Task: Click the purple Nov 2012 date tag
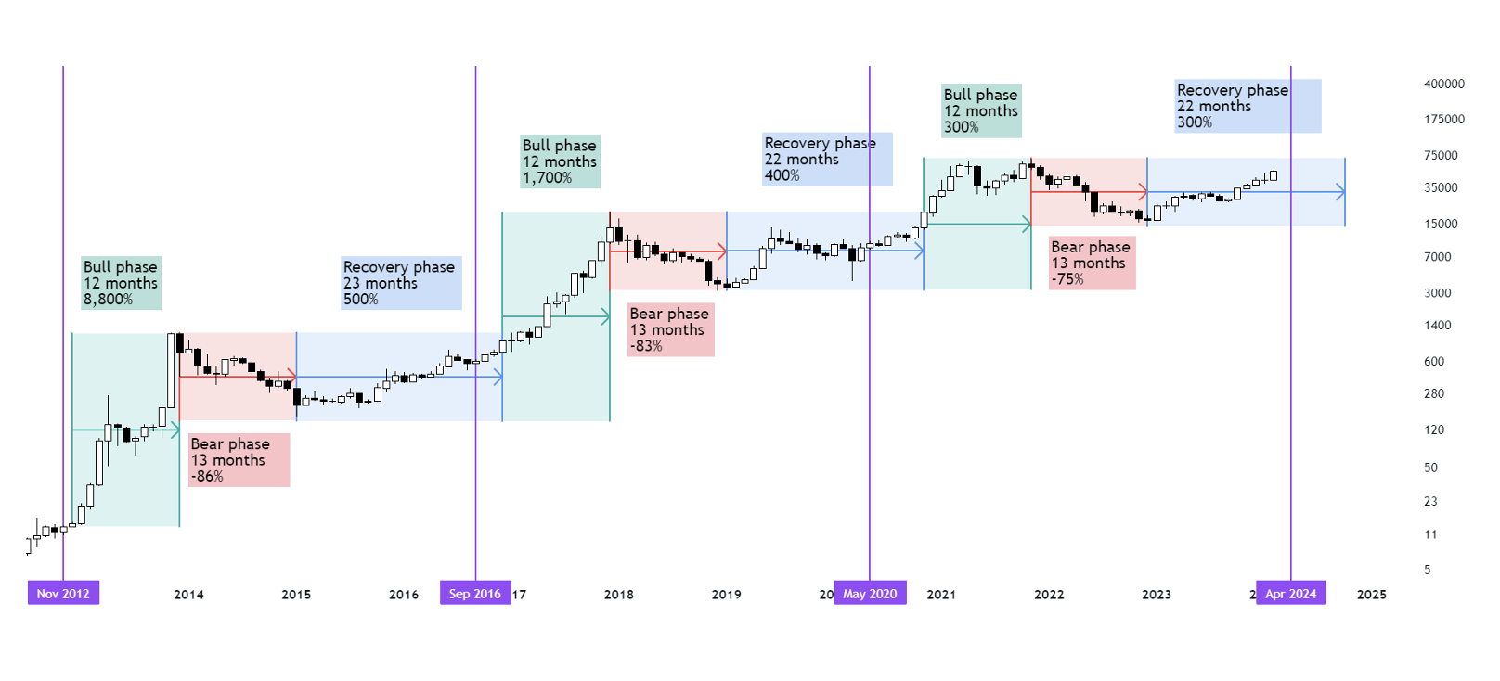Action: pos(63,594)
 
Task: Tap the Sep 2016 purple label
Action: pos(475,594)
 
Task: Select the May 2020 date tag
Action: pos(870,594)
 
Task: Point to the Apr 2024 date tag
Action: pos(1290,594)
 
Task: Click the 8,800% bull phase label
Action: pos(121,283)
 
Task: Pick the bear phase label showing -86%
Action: pos(239,460)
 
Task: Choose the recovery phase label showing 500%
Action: pos(400,283)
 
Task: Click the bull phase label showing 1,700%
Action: pos(560,161)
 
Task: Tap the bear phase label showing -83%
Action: pos(670,330)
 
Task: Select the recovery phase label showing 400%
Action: pos(826,159)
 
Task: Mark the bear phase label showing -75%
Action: pos(1092,263)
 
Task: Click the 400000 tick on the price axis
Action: pos(1443,84)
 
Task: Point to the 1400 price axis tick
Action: pos(1437,326)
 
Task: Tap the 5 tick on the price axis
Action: pos(1428,570)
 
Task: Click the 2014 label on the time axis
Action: pos(188,595)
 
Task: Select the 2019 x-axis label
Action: pos(726,595)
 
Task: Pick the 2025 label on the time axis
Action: pos(1371,595)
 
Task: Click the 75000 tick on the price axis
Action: pos(1441,156)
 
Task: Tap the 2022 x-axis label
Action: pos(1049,595)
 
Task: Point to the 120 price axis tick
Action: pos(1434,430)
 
